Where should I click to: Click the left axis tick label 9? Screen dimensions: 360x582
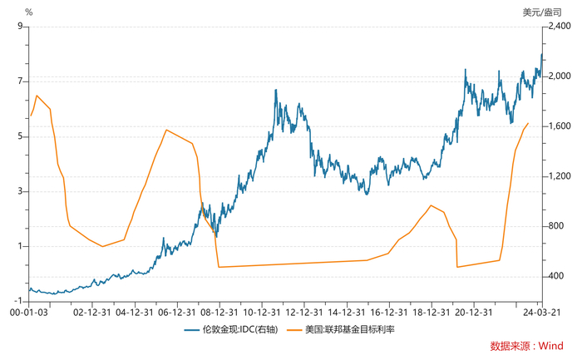pyautogui.click(x=19, y=26)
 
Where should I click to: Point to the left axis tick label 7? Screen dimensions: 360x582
pyautogui.click(x=19, y=81)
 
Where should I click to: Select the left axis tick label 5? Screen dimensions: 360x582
pyautogui.click(x=19, y=136)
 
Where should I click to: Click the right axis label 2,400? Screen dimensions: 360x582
pyautogui.click(x=559, y=26)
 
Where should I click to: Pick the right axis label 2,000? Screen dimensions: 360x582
pyautogui.click(x=559, y=76)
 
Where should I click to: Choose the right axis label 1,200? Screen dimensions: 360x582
pyautogui.click(x=559, y=176)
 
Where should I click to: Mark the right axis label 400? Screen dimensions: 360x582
pyautogui.click(x=555, y=276)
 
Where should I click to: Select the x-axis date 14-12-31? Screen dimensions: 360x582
pyautogui.click(x=345, y=313)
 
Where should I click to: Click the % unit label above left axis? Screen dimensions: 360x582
pyautogui.click(x=29, y=12)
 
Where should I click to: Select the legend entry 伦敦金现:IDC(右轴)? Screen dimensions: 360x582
pyautogui.click(x=233, y=330)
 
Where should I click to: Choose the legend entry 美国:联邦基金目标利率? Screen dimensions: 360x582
pyautogui.click(x=348, y=330)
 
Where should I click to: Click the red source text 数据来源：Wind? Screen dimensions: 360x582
pyautogui.click(x=525, y=345)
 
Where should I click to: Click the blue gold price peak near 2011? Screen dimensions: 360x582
pyautogui.click(x=275, y=90)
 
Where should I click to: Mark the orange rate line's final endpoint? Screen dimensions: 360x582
pyautogui.click(x=528, y=123)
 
